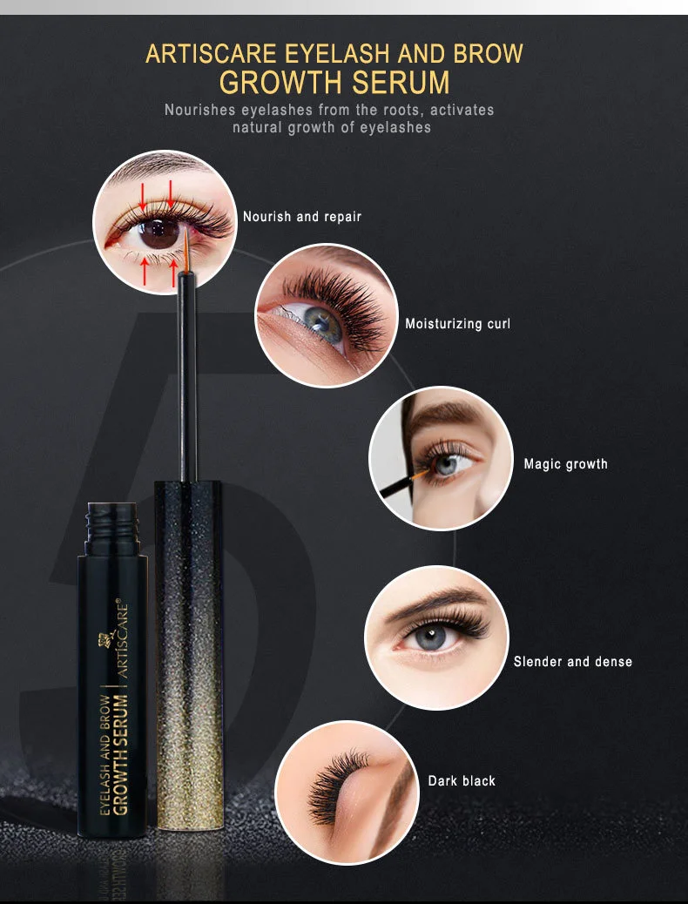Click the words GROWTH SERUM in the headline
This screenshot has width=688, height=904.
pyautogui.click(x=334, y=82)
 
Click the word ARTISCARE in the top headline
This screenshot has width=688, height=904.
pyautogui.click(x=212, y=53)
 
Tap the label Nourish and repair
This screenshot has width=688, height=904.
pyautogui.click(x=301, y=216)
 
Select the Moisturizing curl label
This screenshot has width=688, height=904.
pyautogui.click(x=457, y=323)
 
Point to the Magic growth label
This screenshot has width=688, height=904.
pyautogui.click(x=565, y=463)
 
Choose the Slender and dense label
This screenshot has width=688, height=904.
pyautogui.click(x=572, y=661)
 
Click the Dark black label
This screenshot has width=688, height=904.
pyautogui.click(x=462, y=780)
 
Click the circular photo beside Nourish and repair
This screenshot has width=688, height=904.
pyautogui.click(x=165, y=222)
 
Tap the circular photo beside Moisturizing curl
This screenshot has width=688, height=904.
pyautogui.click(x=326, y=314)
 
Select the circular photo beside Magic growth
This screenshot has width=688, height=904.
pyautogui.click(x=441, y=458)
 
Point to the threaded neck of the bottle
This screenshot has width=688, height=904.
pyautogui.click(x=112, y=523)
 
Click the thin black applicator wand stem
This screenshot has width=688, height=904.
pyautogui.click(x=185, y=383)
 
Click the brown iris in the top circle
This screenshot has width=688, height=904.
pyautogui.click(x=159, y=233)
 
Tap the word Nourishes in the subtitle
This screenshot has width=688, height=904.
pyautogui.click(x=204, y=111)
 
